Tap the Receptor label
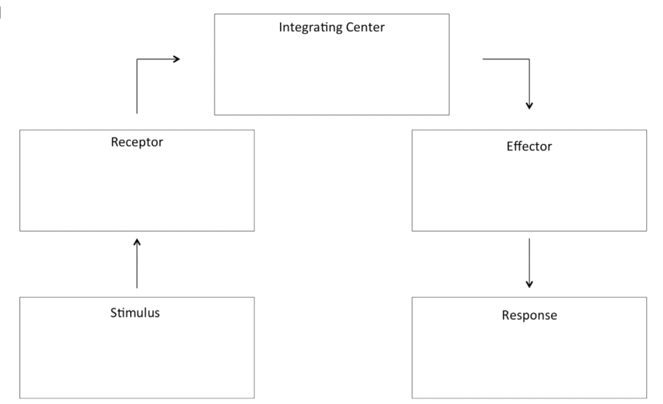point(137,142)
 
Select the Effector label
point(529,146)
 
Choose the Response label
point(529,316)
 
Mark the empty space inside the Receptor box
point(137,191)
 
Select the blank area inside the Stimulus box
point(137,360)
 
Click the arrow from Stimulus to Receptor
point(137,263)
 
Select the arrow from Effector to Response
point(529,263)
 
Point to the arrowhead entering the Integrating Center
point(175,59)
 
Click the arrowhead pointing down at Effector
point(529,105)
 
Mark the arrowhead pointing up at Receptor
point(137,242)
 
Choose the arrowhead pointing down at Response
point(529,283)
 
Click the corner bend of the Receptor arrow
point(137,59)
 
